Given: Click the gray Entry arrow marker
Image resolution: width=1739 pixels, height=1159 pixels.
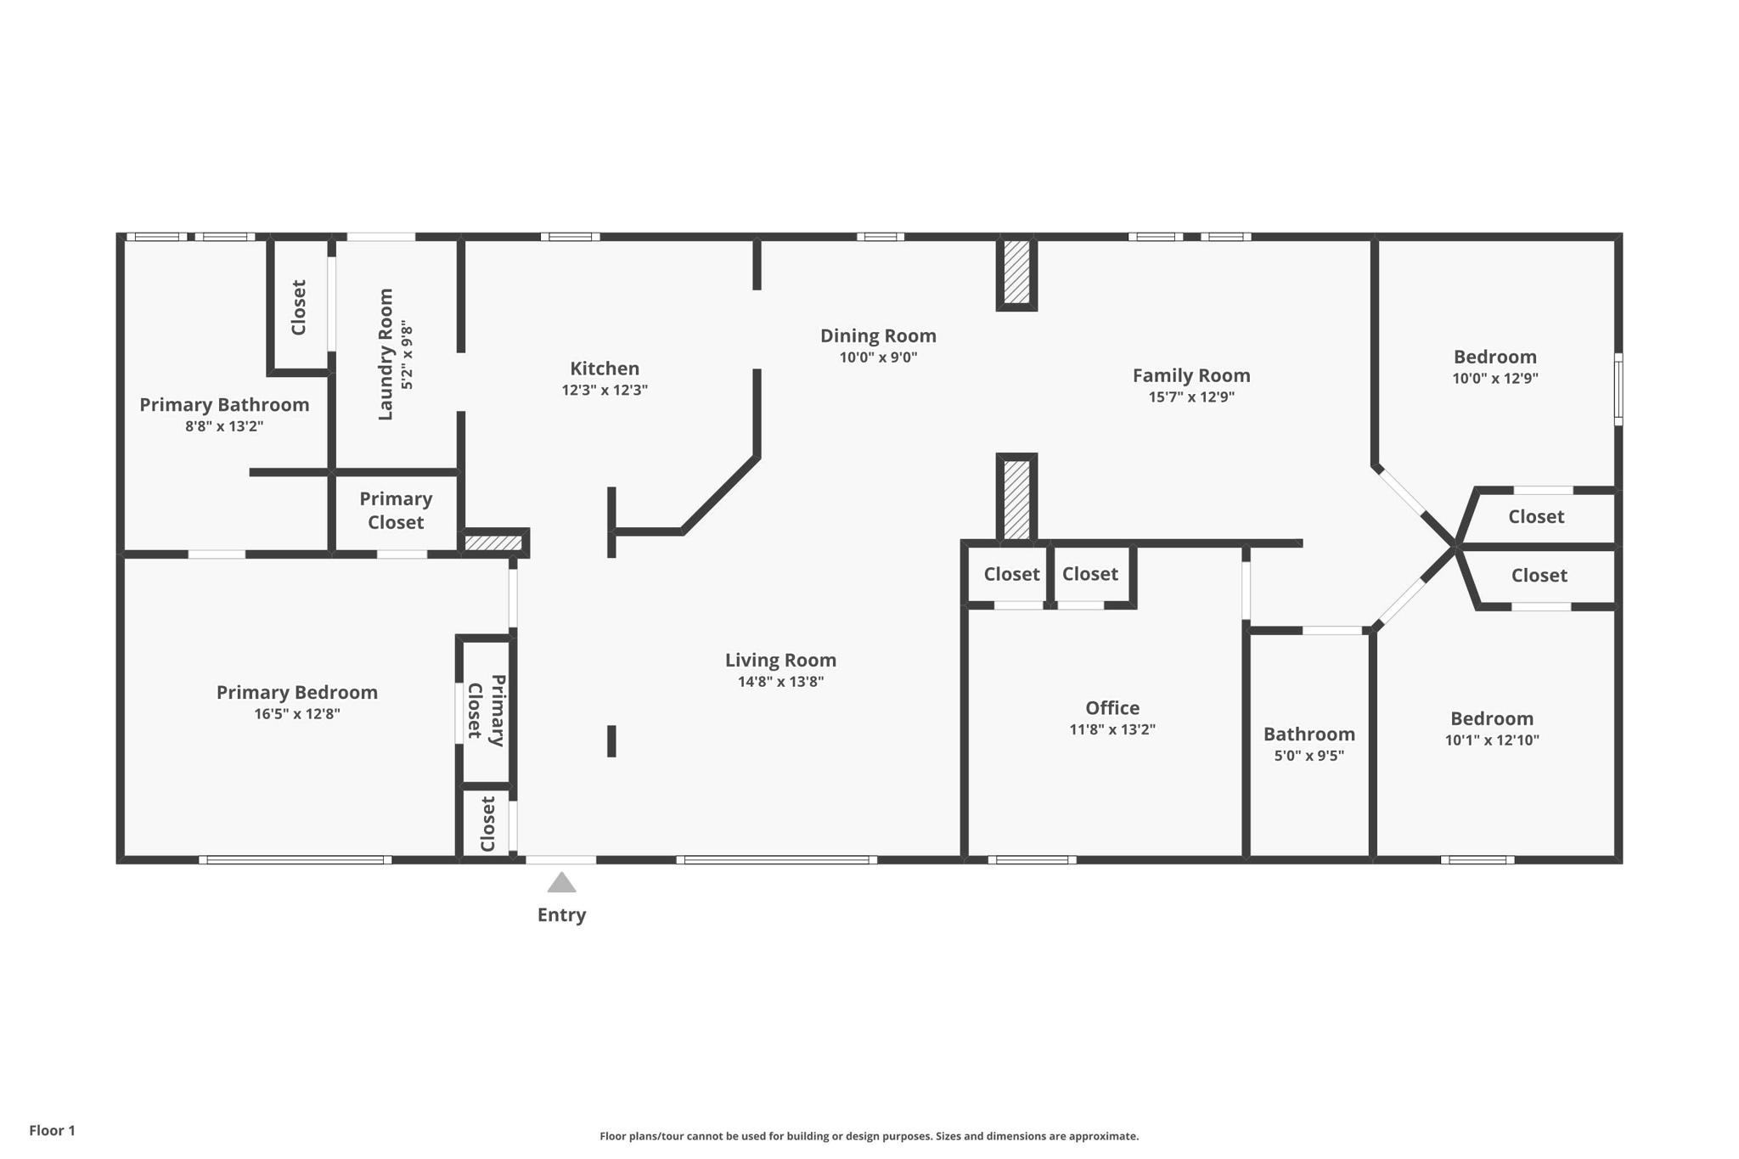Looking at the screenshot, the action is tap(561, 883).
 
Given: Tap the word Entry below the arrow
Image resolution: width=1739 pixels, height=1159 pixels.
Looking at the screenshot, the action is tap(561, 915).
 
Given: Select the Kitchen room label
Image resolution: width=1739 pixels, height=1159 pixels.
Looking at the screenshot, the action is tap(605, 369).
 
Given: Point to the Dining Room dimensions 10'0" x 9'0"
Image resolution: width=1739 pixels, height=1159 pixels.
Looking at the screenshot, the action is tap(878, 357).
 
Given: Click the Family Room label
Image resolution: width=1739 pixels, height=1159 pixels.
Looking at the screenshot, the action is tap(1191, 375).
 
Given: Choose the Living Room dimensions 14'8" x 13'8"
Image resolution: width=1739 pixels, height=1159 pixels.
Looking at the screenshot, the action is tap(780, 682).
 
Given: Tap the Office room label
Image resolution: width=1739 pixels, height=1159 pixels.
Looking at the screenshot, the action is tap(1112, 708).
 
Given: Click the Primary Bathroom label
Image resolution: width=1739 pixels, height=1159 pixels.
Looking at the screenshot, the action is tap(224, 405).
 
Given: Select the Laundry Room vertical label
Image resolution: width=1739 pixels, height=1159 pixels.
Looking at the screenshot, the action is tap(386, 354).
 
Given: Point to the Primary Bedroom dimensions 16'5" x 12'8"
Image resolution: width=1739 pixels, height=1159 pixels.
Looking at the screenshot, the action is tap(297, 714).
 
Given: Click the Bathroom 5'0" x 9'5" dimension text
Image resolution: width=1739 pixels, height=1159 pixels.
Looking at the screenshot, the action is tap(1308, 756).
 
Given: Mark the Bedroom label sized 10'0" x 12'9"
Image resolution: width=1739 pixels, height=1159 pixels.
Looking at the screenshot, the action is tap(1494, 357).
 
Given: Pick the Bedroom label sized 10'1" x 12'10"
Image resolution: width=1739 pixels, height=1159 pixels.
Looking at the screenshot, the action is tap(1492, 718).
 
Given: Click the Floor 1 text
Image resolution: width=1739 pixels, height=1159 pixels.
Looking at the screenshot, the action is tap(52, 1130).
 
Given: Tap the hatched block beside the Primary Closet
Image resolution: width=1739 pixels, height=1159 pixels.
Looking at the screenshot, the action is tap(493, 543).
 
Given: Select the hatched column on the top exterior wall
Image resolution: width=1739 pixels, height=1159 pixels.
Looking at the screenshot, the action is tap(1016, 272).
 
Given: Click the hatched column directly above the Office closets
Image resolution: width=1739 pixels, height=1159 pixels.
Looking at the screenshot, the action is tap(1016, 499).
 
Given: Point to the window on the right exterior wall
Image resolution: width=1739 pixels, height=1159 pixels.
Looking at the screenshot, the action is tap(1618, 389).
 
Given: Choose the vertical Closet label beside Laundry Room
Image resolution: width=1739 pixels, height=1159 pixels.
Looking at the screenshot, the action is tap(298, 307).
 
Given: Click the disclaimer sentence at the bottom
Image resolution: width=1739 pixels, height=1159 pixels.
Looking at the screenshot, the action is tap(869, 1136).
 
